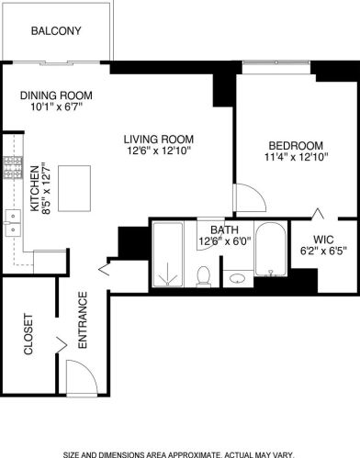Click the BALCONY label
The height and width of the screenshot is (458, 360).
[x=55, y=31]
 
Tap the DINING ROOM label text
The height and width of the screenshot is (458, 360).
[x=57, y=95]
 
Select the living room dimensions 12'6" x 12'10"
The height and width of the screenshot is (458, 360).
[x=160, y=152]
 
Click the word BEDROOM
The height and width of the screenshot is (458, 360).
[x=295, y=146]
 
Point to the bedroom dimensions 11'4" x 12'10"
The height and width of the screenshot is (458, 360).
[x=295, y=159]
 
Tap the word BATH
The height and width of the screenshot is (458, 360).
[x=224, y=229]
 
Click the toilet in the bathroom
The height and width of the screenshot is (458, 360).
[x=206, y=274]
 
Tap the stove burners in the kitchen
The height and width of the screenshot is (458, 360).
[x=13, y=167]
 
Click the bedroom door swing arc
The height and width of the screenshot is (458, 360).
[x=249, y=196]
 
